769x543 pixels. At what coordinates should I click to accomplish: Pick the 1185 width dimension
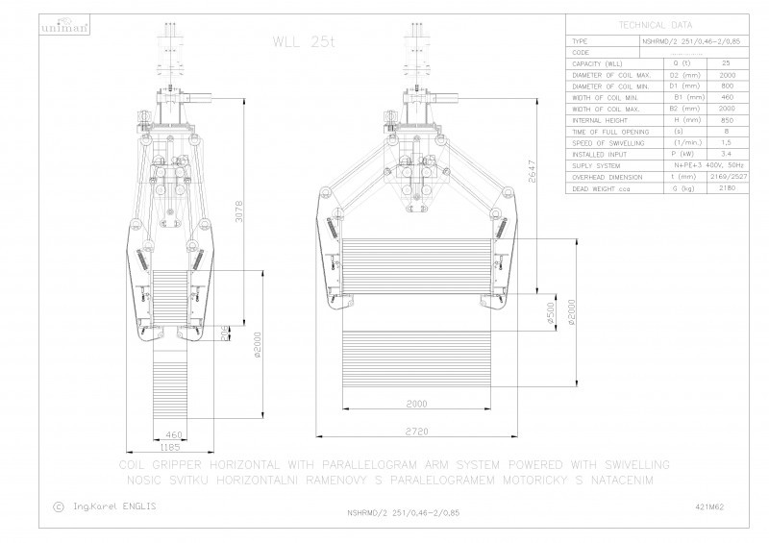click(172, 446)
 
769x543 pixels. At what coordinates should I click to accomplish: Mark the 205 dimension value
click(226, 332)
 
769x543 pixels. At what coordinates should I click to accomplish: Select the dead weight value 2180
click(726, 188)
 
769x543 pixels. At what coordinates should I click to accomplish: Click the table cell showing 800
click(726, 86)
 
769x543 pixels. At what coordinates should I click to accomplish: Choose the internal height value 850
click(726, 120)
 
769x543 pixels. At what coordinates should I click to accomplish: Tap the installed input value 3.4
click(726, 154)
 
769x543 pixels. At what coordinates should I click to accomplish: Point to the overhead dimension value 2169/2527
click(726, 177)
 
